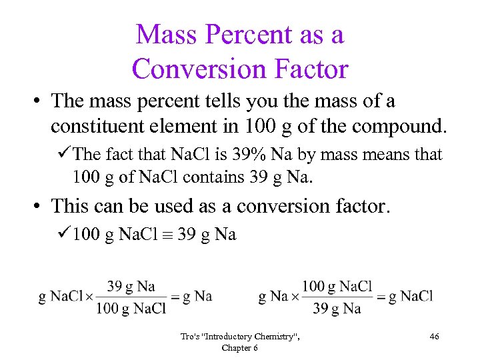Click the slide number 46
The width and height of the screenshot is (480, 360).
coord(434,337)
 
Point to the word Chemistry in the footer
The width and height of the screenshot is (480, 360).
coord(271,337)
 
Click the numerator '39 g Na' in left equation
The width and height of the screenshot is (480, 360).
coord(131,286)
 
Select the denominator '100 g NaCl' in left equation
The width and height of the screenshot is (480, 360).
coord(131,307)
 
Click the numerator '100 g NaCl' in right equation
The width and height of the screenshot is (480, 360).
coord(337,286)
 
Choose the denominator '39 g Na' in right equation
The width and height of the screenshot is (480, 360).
coord(337,307)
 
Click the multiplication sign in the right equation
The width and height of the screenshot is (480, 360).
coord(294,297)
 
